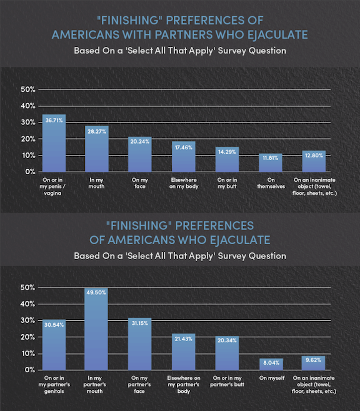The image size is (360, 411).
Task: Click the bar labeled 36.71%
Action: point(54,143)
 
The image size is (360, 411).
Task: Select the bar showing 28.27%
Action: point(97,149)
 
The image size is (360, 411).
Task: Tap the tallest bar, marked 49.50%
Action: point(96,329)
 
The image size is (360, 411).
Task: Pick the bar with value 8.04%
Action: point(271,364)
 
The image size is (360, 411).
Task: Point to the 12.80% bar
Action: point(314,161)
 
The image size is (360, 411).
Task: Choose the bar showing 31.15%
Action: point(140,344)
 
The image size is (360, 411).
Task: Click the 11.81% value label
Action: point(271,158)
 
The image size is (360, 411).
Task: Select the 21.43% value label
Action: point(184,339)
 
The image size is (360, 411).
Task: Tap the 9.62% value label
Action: point(313,360)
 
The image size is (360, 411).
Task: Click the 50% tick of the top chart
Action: point(27,89)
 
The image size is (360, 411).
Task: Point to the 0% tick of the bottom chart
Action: point(30,370)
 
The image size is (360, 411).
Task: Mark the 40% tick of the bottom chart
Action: point(27,304)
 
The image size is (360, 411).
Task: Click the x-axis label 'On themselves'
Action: point(271,183)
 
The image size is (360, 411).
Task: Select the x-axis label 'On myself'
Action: point(272,378)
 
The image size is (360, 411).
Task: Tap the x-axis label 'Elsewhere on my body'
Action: point(184,183)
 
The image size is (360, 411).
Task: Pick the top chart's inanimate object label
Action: point(314,186)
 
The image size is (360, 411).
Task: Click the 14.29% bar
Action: point(227,159)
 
